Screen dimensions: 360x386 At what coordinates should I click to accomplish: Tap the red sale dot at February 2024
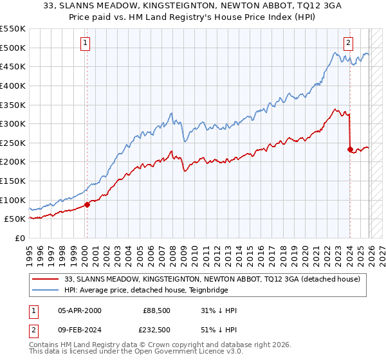coord(350,149)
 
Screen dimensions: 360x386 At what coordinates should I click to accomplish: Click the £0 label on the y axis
coord(19,238)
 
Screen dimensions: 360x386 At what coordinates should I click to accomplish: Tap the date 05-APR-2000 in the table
coord(80,310)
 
